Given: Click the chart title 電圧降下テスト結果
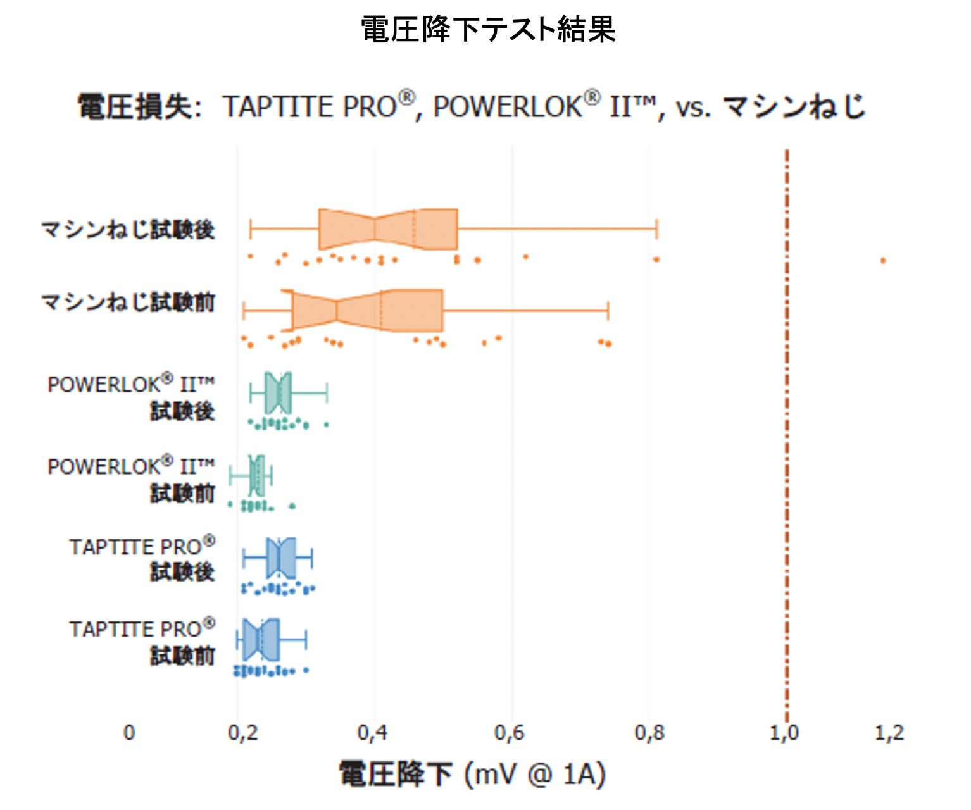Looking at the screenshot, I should click(487, 30).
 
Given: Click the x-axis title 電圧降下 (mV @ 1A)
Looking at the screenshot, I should click(472, 774).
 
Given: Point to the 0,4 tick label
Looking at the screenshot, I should click(372, 733).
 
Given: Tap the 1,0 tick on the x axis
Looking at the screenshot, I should click(784, 733).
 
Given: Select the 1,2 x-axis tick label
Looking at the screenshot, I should click(889, 733).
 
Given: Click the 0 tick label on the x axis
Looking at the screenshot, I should click(129, 733).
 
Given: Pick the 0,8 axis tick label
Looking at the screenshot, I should click(649, 733).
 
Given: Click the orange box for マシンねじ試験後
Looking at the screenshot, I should click(387, 228).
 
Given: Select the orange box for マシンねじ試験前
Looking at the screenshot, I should click(367, 310).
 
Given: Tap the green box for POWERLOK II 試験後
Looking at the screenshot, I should click(279, 393).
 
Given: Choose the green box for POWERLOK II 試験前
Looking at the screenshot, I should click(257, 475).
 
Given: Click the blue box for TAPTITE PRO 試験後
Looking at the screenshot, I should click(281, 558).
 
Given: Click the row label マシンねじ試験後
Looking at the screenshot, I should click(128, 229).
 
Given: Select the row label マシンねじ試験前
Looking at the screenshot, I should click(128, 302).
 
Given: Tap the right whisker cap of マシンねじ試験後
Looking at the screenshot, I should click(657, 228).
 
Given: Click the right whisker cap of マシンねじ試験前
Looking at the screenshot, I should click(608, 311).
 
